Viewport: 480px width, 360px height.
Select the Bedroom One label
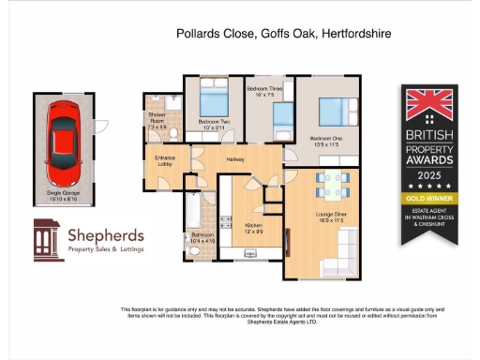click(x=327, y=142)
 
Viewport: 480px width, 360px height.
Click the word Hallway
click(x=235, y=160)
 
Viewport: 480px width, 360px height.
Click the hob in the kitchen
click(x=224, y=222)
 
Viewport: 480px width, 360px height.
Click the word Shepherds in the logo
click(x=102, y=233)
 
